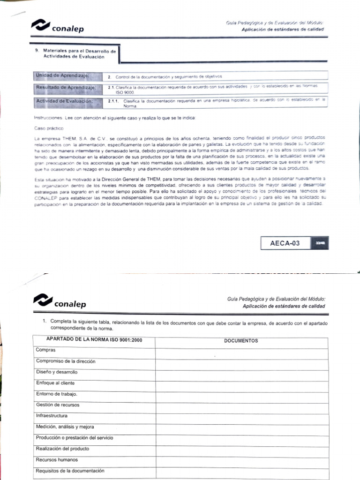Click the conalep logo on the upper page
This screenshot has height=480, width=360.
57,26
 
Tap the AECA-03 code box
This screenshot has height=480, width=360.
285,243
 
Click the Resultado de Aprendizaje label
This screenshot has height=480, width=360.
66,88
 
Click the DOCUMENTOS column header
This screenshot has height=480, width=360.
241,341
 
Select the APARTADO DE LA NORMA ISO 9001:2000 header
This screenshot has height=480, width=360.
94,339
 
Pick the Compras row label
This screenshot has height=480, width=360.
45,350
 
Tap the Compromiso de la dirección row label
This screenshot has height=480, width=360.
66,361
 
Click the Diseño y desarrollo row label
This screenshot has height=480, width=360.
57,372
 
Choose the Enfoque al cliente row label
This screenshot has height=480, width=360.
55,383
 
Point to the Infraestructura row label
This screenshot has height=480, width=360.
52,416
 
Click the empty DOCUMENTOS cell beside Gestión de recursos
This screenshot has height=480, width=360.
241,405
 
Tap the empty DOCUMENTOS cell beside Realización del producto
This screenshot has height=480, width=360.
241,449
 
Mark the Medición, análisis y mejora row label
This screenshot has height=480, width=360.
65,427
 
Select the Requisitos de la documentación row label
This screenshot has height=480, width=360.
70,471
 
